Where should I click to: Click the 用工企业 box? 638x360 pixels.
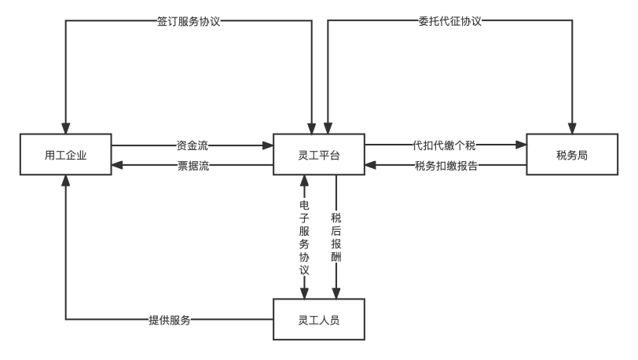point(65,154)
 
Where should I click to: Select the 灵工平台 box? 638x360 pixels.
point(319,154)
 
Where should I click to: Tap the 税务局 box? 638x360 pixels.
point(572,154)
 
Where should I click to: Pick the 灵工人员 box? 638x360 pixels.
point(319,319)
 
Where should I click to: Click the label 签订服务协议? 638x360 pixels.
point(189,21)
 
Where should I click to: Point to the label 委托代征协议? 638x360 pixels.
point(450,21)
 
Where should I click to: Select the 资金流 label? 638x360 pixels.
point(192,145)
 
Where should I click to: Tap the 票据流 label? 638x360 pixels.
point(192,165)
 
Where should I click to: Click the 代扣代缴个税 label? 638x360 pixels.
point(444,145)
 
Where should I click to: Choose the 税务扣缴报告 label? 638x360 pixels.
point(446,165)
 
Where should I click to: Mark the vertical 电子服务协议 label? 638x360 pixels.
point(304,237)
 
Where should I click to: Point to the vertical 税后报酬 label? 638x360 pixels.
point(336,237)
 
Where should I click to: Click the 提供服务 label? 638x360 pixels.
point(170,320)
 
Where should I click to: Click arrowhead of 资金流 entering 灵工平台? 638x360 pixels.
point(268,145)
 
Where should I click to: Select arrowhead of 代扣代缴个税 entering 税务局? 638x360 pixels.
point(521,145)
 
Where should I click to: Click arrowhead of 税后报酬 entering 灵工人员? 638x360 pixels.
point(336,293)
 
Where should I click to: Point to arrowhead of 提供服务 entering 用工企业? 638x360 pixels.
point(65,181)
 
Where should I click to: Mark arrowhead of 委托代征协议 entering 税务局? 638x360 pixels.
point(572,128)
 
